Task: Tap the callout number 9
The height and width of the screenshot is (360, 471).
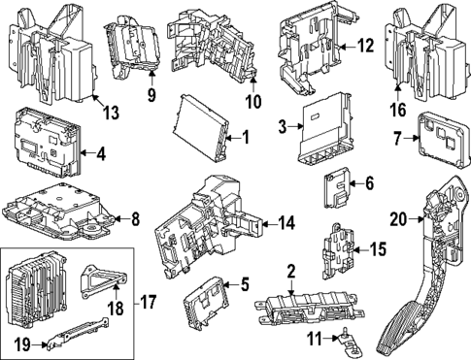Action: pos(151,94)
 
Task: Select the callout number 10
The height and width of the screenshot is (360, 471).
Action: pos(253,101)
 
